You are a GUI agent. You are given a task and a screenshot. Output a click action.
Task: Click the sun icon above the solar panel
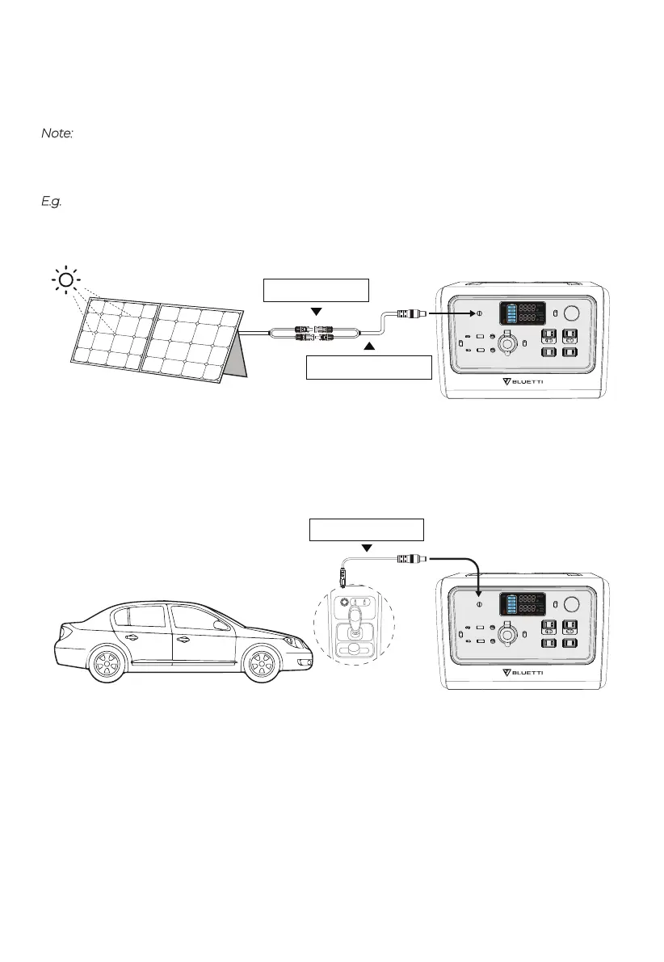66,280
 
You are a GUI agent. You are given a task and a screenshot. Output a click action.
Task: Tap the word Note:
57,132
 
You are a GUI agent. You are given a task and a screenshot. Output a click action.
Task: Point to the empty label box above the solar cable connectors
316,289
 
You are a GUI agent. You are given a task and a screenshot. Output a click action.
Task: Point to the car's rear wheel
104,666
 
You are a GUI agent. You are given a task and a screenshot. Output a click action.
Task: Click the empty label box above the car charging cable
368,530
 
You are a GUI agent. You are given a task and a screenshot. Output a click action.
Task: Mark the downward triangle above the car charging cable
368,548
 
